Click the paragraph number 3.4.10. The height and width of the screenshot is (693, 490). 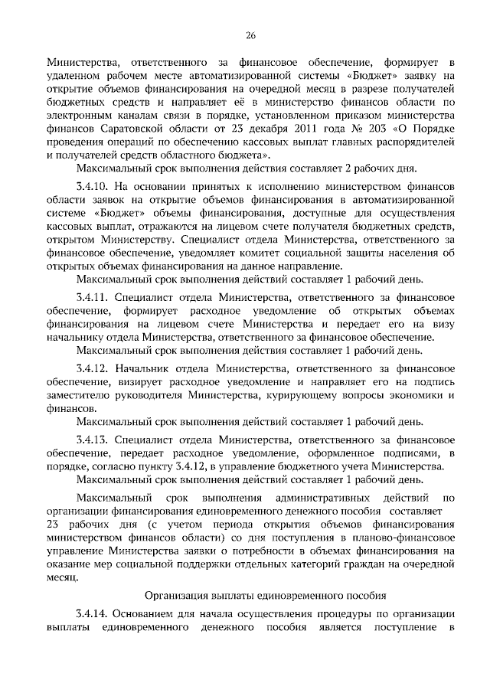[x=93, y=185]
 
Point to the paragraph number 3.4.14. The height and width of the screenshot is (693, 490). [x=93, y=615]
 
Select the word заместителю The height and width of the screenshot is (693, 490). [x=78, y=395]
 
